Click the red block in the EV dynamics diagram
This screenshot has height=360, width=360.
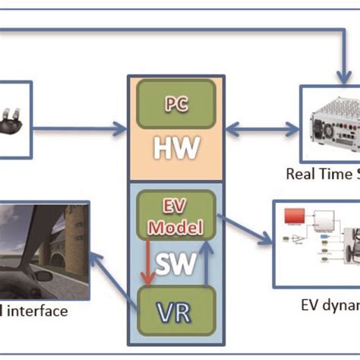[x=295, y=218]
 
